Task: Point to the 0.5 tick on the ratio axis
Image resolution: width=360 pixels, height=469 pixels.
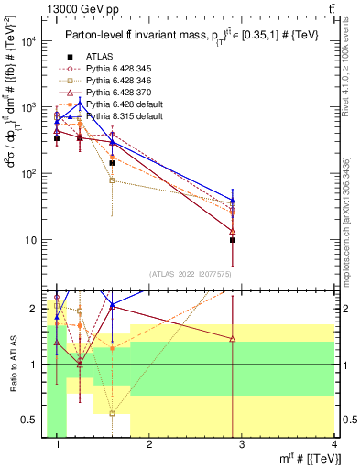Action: pos(37,420)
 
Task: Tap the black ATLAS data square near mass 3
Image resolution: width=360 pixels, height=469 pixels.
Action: pos(233,240)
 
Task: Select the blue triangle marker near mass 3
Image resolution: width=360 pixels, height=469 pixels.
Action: pos(233,199)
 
